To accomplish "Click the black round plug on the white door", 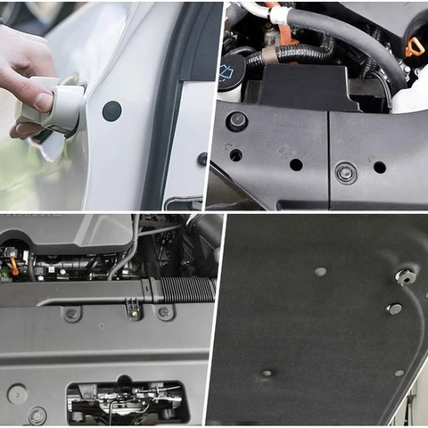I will pyautogui.click(x=111, y=111).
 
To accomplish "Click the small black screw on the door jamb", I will pyautogui.click(x=202, y=159).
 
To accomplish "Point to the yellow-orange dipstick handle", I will pyautogui.click(x=414, y=45).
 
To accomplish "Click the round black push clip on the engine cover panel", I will pyautogui.click(x=237, y=120).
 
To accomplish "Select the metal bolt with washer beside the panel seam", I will pyautogui.click(x=345, y=172).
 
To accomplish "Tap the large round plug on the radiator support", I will pyautogui.click(x=16, y=393).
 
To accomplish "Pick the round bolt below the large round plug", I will pyautogui.click(x=37, y=415).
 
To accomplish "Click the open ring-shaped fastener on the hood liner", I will pyautogui.click(x=406, y=276).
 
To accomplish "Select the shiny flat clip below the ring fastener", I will pyautogui.click(x=393, y=309).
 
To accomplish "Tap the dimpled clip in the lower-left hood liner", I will pyautogui.click(x=266, y=373).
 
